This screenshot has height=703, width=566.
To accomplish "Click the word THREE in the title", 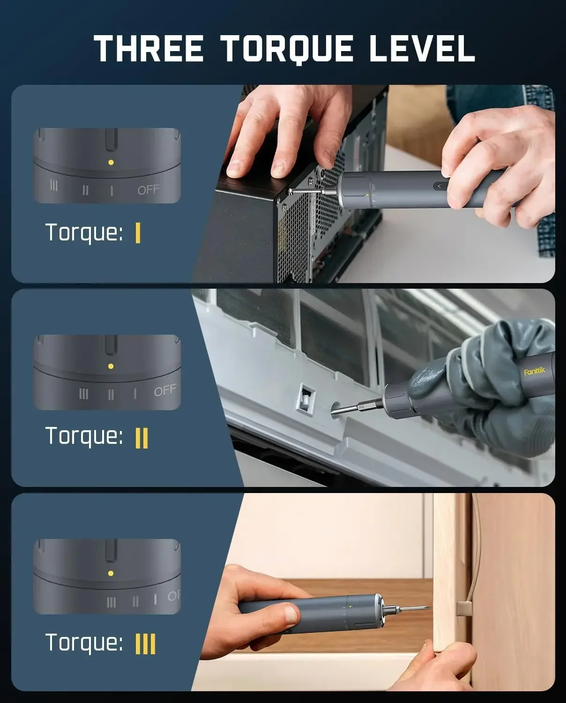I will coord(149,48).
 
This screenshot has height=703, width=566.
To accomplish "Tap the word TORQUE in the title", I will coord(287,49).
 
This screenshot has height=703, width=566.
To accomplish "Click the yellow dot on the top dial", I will coord(111,163).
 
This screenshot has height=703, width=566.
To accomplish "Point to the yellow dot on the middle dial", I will coord(111,366).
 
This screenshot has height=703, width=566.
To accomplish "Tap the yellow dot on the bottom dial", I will coord(111,573).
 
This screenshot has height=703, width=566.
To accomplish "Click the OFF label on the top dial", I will coord(148,190).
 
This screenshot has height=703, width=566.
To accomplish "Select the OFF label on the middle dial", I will coord(165,390).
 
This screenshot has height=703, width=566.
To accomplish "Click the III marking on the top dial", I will coord(54,186).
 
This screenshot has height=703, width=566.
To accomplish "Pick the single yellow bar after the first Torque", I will coord(138,232).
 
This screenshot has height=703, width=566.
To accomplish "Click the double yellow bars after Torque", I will coord(141,438).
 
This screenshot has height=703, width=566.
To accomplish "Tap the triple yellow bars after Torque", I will coord(145,644).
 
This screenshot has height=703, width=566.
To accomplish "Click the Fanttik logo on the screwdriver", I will coord(535,371).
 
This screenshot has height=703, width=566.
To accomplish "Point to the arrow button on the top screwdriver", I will coord(439,186).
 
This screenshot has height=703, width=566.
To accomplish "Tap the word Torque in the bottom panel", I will coord(84,643).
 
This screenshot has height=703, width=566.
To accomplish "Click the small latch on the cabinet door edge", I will coord(464,608).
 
